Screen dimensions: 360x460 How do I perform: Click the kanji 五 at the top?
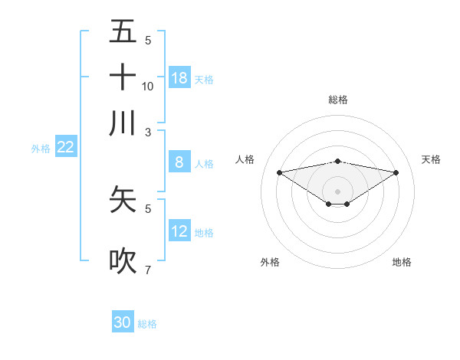point(123,31)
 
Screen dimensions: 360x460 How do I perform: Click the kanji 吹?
point(123,260)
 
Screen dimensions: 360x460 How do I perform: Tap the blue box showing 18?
point(179,78)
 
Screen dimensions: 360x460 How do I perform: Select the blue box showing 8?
point(179,162)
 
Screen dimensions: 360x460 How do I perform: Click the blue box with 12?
point(179,231)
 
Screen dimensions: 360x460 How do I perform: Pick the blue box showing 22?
point(65,148)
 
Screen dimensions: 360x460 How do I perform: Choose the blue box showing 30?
point(123,322)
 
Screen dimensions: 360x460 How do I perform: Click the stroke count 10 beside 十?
point(148,86)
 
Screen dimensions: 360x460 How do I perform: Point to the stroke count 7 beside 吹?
point(148,270)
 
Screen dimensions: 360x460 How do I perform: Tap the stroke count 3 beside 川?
point(148,132)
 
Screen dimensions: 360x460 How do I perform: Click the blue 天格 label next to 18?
point(204,80)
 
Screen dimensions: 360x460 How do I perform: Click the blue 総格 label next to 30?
point(147,324)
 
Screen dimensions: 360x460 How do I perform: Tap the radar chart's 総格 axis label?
point(338,100)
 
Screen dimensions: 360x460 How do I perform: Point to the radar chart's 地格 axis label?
point(402,262)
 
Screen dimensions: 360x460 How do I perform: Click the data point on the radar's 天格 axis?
point(396,172)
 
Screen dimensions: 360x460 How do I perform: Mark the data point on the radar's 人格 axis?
point(279,172)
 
